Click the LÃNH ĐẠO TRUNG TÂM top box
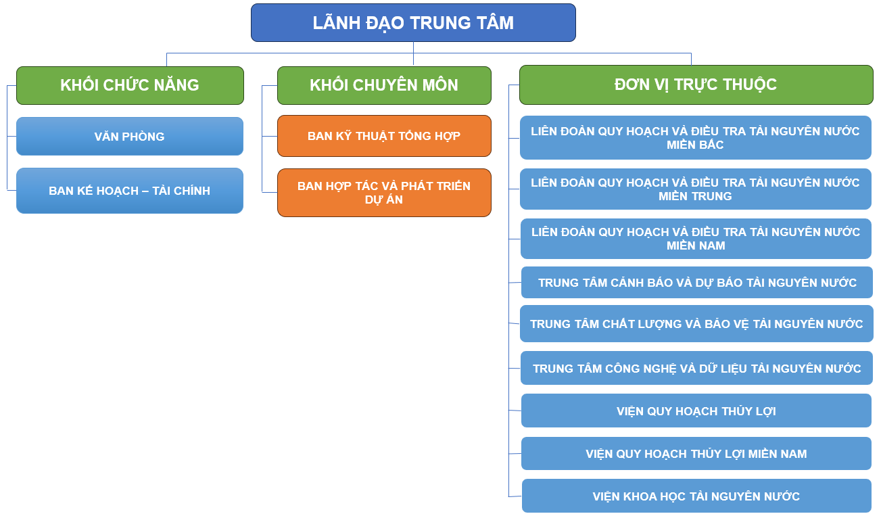click(413, 23)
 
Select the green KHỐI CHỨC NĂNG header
click(130, 85)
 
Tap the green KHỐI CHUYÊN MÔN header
click(384, 85)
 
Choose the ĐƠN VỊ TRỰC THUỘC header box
click(696, 85)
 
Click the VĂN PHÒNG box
click(130, 137)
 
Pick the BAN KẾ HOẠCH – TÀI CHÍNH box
click(130, 191)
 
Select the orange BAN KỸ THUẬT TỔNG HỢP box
click(384, 136)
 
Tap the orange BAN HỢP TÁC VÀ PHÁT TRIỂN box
click(384, 193)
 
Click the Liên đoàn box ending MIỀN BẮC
click(696, 138)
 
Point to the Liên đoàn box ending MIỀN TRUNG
click(696, 189)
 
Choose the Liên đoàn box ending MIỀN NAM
click(696, 239)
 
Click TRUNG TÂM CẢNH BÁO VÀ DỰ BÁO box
click(697, 283)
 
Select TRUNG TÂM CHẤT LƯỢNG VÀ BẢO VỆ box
click(696, 324)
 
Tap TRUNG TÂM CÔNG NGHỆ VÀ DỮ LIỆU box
click(697, 369)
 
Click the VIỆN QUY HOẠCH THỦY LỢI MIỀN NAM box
click(696, 454)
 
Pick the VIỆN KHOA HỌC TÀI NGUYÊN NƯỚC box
click(696, 496)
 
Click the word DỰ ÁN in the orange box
click(384, 200)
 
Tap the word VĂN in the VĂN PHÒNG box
click(107, 137)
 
